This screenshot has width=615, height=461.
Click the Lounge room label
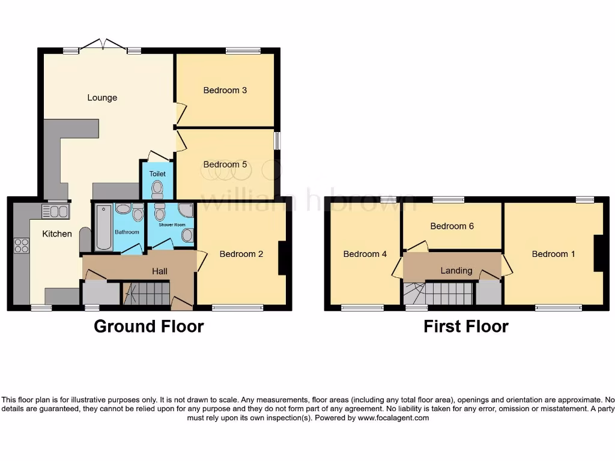click(102, 98)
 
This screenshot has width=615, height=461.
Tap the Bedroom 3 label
click(225, 91)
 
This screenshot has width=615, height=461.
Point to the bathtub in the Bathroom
click(104, 227)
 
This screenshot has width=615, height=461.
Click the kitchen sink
click(55, 211)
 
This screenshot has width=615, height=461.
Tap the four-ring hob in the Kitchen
click(21, 245)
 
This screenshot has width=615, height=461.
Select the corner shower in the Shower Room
click(187, 210)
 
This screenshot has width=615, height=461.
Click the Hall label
click(160, 271)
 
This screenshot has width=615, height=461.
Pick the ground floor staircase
click(147, 294)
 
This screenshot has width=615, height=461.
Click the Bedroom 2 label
click(241, 254)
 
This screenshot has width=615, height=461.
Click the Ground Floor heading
click(149, 327)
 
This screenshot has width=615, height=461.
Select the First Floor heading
click(466, 327)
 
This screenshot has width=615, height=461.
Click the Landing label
click(456, 271)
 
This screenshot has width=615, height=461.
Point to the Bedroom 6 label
click(452, 226)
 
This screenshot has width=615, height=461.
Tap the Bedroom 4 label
click(365, 254)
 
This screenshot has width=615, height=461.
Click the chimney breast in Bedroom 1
click(598, 254)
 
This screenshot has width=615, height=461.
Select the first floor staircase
click(438, 294)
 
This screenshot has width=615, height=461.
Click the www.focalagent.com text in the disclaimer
click(393, 418)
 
